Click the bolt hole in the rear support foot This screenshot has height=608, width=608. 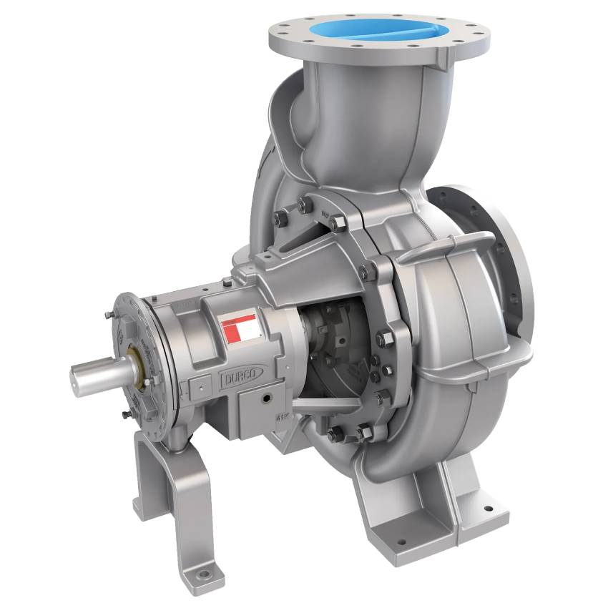click(205, 573)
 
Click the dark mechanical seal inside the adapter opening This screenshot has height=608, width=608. click(325, 336)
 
